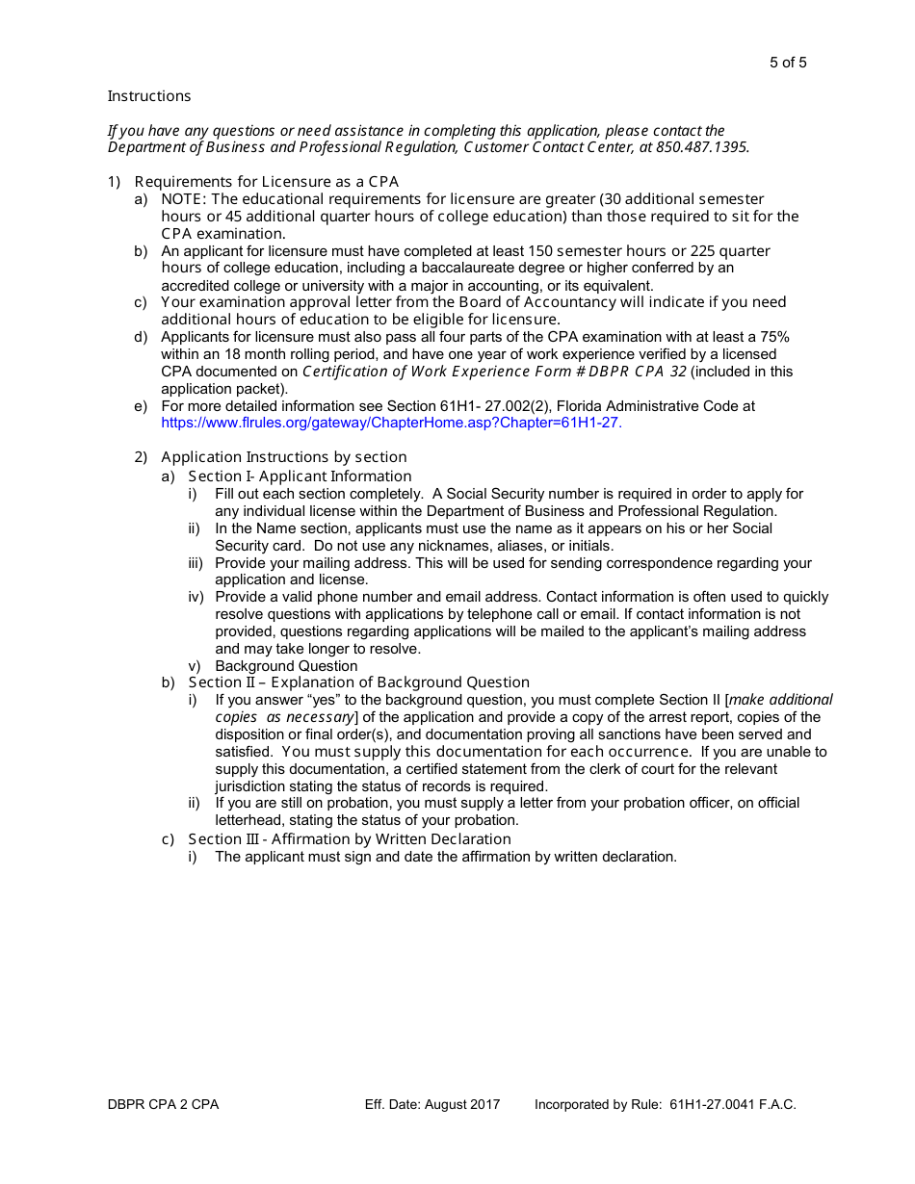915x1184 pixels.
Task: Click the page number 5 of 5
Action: point(787,64)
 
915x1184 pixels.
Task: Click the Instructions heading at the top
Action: point(149,96)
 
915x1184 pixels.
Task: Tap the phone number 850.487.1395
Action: point(701,147)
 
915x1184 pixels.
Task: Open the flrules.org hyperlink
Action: point(391,423)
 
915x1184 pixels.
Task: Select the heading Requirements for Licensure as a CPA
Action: point(266,182)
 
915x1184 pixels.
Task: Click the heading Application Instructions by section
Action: point(283,457)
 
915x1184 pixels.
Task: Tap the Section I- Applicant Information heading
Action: point(300,476)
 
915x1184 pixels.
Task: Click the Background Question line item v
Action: point(286,666)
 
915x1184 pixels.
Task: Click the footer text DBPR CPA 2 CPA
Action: point(164,1105)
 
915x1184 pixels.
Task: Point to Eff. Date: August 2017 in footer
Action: point(432,1105)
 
